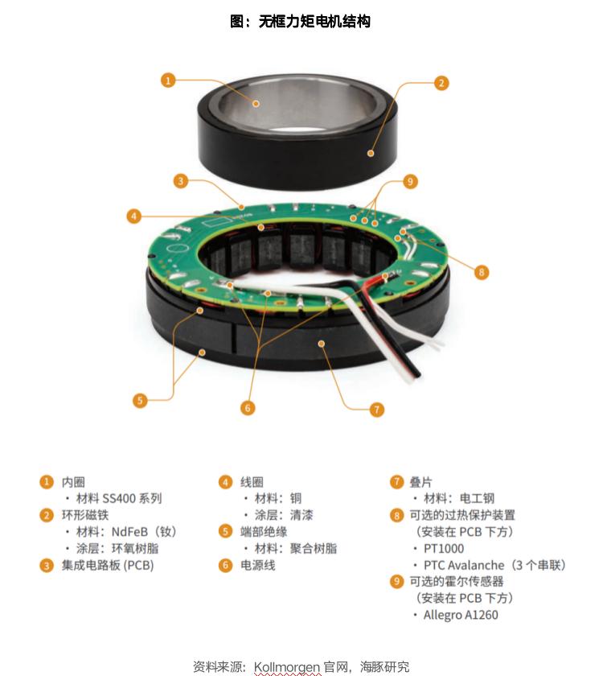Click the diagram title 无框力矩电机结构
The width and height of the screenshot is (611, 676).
(314, 21)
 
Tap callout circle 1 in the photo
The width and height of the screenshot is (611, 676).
(168, 80)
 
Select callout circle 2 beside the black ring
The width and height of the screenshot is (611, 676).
(441, 83)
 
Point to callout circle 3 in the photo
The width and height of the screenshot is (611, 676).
(181, 180)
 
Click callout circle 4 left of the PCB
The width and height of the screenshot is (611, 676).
(134, 216)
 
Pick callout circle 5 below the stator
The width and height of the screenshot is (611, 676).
(140, 401)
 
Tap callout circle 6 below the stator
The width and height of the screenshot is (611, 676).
(248, 408)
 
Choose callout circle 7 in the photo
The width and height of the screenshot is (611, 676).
(377, 410)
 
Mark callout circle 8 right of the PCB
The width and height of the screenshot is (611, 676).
(482, 272)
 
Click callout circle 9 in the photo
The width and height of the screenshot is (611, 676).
(410, 182)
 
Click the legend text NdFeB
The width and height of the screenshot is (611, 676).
(129, 532)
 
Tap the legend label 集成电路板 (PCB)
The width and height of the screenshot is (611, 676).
(108, 565)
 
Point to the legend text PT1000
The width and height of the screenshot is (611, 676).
(444, 548)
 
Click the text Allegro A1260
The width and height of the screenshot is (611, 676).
(461, 615)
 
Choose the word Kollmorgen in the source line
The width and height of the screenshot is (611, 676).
(287, 667)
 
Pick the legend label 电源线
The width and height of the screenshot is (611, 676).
(257, 565)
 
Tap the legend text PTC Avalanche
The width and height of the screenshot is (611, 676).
(464, 565)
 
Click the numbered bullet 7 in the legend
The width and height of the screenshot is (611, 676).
(396, 481)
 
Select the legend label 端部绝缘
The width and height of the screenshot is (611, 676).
(264, 532)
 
